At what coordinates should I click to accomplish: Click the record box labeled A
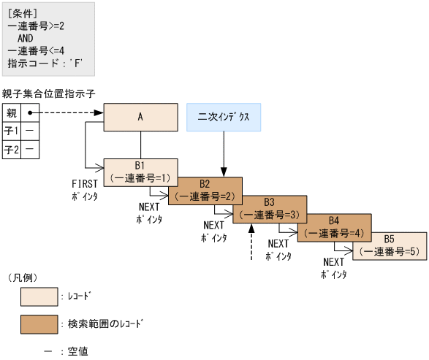[x=140, y=117]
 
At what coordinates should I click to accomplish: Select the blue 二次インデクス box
[x=224, y=117]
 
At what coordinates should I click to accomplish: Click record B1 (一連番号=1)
[x=140, y=172]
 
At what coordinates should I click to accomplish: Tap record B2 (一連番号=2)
[x=205, y=191]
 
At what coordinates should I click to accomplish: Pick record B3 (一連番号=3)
[x=269, y=209]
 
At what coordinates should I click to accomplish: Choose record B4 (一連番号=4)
[x=333, y=227]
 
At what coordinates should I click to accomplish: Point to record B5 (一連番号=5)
[x=389, y=245]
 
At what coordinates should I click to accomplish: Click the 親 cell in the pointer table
[x=12, y=113]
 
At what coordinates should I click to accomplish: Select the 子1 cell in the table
[x=12, y=131]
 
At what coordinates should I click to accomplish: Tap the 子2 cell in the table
[x=12, y=150]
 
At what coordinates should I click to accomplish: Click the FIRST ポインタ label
[x=85, y=190]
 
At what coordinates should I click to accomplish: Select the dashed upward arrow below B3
[x=251, y=242]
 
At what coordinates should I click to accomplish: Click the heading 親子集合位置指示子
[x=49, y=93]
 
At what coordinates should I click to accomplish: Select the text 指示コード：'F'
[x=44, y=63]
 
